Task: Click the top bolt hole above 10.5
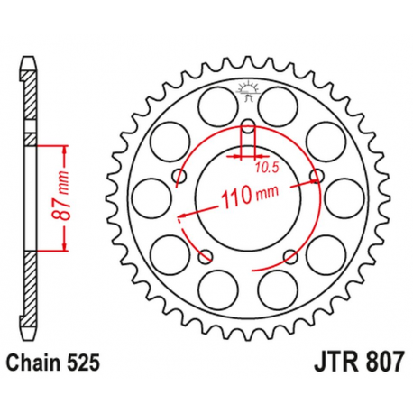(247, 124)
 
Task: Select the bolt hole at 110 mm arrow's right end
(315, 174)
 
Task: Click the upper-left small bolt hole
(179, 174)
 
